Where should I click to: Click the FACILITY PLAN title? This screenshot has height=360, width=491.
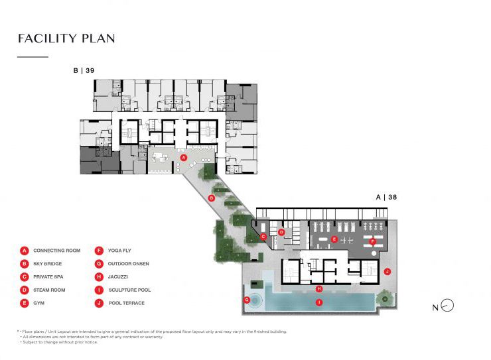[66, 38]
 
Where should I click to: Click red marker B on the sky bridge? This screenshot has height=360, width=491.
[211, 198]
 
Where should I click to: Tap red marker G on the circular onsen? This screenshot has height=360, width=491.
[247, 300]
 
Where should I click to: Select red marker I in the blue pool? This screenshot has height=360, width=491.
[320, 302]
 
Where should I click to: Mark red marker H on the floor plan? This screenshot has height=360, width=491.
[320, 288]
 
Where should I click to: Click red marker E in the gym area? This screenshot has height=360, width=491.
[334, 239]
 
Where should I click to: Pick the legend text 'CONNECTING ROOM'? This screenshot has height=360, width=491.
[56, 251]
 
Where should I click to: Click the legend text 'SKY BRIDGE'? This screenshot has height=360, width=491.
[47, 264]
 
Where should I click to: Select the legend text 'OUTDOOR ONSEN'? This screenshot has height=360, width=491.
[128, 264]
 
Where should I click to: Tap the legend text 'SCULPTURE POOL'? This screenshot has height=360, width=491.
[129, 290]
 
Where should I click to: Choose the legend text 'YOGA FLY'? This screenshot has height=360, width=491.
[119, 251]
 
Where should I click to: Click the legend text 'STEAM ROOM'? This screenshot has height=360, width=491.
[48, 290]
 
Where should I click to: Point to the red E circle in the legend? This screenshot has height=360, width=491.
[24, 303]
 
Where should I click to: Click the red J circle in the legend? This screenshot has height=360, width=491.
[99, 303]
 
